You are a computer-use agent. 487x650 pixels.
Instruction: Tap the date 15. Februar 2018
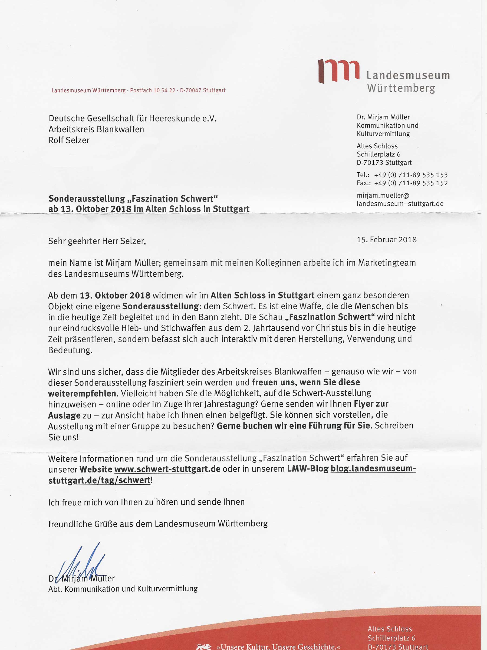pyautogui.click(x=387, y=240)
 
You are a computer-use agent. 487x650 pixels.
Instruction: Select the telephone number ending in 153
pyautogui.click(x=411, y=175)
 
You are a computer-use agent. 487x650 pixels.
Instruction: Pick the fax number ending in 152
pyautogui.click(x=411, y=183)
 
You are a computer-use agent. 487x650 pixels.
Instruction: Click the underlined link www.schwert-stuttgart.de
pyautogui.click(x=167, y=469)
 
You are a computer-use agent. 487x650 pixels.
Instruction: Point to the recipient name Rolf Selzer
pyautogui.click(x=69, y=140)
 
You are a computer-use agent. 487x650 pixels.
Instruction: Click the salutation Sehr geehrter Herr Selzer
pyautogui.click(x=97, y=241)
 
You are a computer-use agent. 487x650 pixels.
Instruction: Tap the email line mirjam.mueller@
pyautogui.click(x=383, y=195)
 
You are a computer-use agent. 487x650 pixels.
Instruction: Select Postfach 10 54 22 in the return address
pyautogui.click(x=152, y=91)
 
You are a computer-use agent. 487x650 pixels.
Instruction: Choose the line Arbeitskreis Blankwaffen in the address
pyautogui.click(x=96, y=129)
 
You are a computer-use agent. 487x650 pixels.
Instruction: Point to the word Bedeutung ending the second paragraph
pyautogui.click(x=70, y=350)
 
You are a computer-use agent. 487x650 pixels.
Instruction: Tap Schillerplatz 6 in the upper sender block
pyautogui.click(x=379, y=154)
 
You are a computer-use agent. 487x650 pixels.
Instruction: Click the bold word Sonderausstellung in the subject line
pyautogui.click(x=87, y=199)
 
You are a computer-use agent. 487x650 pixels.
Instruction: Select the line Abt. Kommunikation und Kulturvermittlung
pyautogui.click(x=123, y=589)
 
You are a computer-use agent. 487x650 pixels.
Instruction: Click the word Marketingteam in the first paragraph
pyautogui.click(x=387, y=263)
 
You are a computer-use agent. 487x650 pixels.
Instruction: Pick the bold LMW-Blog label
pyautogui.click(x=308, y=469)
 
